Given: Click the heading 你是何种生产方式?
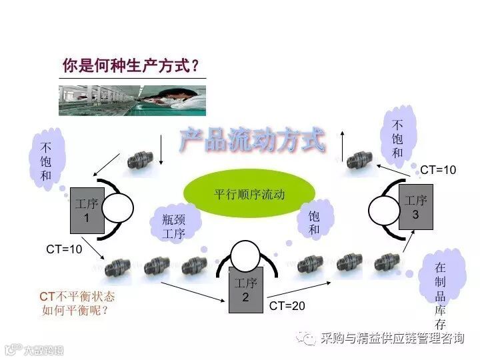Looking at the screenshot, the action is [x=131, y=66].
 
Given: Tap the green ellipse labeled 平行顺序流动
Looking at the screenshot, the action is [x=249, y=195].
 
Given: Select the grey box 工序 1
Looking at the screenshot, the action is [x=87, y=209].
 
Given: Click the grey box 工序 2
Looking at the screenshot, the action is [x=245, y=290].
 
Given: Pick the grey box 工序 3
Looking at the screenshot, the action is [x=415, y=207].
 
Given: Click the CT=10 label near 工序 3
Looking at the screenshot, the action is [x=438, y=170].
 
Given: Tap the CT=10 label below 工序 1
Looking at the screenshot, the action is [x=64, y=249].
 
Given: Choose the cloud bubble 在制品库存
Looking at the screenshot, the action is [x=440, y=291].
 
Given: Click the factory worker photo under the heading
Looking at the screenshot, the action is [x=132, y=100].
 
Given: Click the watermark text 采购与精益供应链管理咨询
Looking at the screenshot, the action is [x=391, y=338].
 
